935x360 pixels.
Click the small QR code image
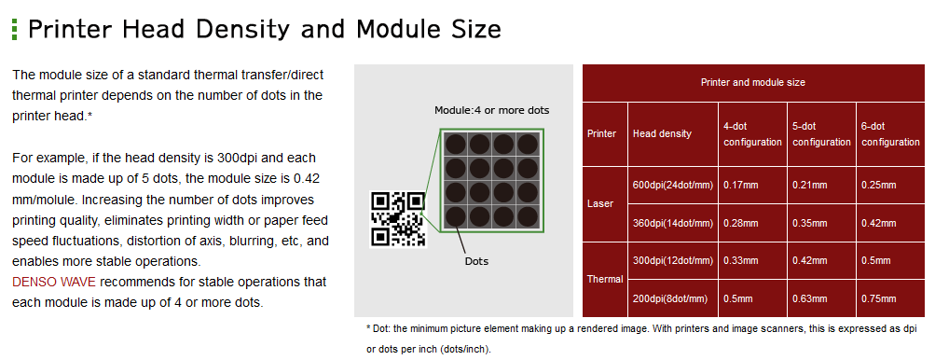click(x=398, y=219)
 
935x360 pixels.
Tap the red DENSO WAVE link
click(x=54, y=282)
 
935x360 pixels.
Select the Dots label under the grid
click(x=476, y=261)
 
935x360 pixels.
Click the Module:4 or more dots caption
click(x=492, y=110)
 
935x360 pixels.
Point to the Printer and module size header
click(x=752, y=82)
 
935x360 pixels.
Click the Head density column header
click(x=662, y=133)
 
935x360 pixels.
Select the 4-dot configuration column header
click(x=752, y=134)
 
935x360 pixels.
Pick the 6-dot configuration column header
click(x=890, y=134)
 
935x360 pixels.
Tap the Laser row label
click(x=600, y=203)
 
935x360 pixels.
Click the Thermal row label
click(x=605, y=279)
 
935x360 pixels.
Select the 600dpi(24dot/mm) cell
click(x=673, y=185)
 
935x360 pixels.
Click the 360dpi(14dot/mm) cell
click(x=673, y=223)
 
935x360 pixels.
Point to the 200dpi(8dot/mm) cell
click(x=670, y=298)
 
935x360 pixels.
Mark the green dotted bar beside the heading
click(x=15, y=29)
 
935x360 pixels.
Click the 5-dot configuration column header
click(x=821, y=134)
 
